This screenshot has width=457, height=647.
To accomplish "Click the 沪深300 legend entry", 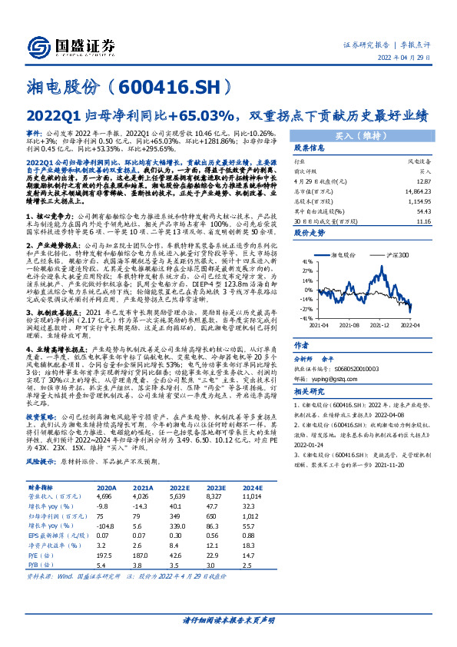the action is (397, 253).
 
